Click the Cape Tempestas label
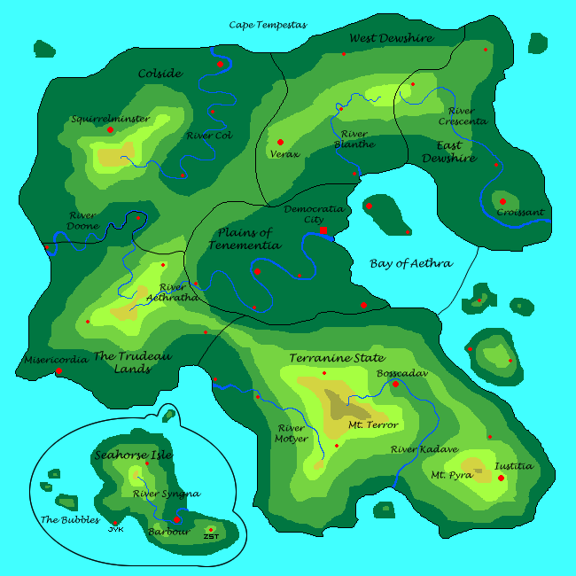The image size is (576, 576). pyautogui.click(x=268, y=25)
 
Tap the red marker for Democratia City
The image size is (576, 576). pyautogui.click(x=324, y=230)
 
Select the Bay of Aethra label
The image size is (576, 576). pyautogui.click(x=411, y=263)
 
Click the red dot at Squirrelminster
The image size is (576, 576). pyautogui.click(x=110, y=130)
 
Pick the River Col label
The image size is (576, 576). pyautogui.click(x=209, y=136)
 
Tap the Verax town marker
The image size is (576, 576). pyautogui.click(x=280, y=142)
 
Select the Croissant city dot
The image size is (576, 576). pyautogui.click(x=502, y=202)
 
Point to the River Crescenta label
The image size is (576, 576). pyautogui.click(x=467, y=116)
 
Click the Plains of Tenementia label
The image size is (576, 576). pyautogui.click(x=245, y=238)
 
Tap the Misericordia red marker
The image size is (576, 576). pyautogui.click(x=58, y=371)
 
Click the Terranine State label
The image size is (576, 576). pyautogui.click(x=337, y=358)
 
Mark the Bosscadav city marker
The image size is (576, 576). pyautogui.click(x=395, y=384)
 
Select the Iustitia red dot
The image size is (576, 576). pyautogui.click(x=501, y=479)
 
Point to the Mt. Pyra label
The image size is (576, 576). pyautogui.click(x=451, y=475)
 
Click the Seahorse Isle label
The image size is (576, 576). pyautogui.click(x=133, y=455)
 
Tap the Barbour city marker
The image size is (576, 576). pyautogui.click(x=176, y=520)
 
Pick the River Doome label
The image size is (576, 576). pyautogui.click(x=82, y=220)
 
